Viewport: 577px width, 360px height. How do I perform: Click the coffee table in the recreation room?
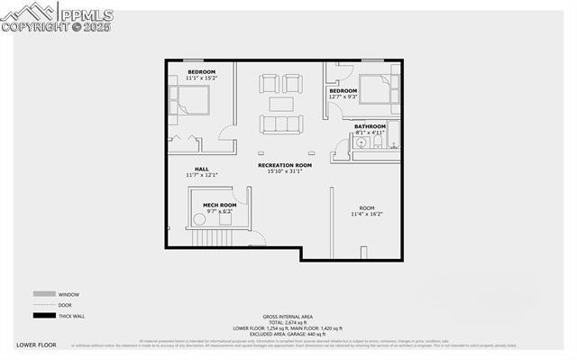click(x=284, y=102)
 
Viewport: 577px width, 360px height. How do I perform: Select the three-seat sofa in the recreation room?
click(x=284, y=123)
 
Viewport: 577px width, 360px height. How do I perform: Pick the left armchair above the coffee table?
click(x=270, y=84)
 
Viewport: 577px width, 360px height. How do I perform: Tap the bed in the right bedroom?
click(x=377, y=88)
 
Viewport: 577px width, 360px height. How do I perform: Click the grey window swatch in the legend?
click(x=43, y=294)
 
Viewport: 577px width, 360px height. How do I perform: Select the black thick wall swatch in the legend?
click(x=43, y=315)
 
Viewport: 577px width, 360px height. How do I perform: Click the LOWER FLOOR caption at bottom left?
click(x=36, y=346)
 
